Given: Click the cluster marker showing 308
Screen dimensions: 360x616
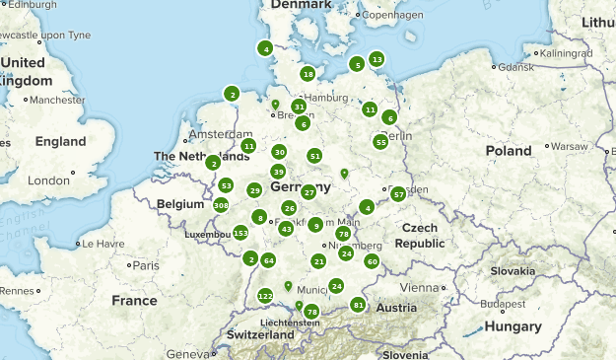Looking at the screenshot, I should point(221,205).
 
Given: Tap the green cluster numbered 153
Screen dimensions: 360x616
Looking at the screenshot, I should point(240,233).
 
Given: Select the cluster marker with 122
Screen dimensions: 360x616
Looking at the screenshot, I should point(265,296).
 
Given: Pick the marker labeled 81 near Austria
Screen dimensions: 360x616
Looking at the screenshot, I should point(358,306).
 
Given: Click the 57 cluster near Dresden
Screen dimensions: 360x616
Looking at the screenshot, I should point(398,194).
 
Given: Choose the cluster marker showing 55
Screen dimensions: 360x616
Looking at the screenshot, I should point(380,142).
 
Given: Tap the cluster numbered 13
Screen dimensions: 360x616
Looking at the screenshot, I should point(377,59).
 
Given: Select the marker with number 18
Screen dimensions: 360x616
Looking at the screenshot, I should point(308,74).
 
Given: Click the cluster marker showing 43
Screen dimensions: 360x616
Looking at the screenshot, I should point(286,229).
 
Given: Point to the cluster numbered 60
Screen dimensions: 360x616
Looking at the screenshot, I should point(372,261).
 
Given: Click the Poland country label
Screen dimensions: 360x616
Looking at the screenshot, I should point(508,151).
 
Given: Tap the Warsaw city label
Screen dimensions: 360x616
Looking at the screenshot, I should point(569,146).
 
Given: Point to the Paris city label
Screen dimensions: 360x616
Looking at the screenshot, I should point(146,265).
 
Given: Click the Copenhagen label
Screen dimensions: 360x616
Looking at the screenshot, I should point(392,16).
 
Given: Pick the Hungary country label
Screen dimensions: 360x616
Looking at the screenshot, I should point(513,326).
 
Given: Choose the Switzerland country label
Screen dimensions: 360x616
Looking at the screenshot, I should point(260,335).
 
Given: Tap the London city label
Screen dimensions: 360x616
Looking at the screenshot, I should point(49,180).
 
